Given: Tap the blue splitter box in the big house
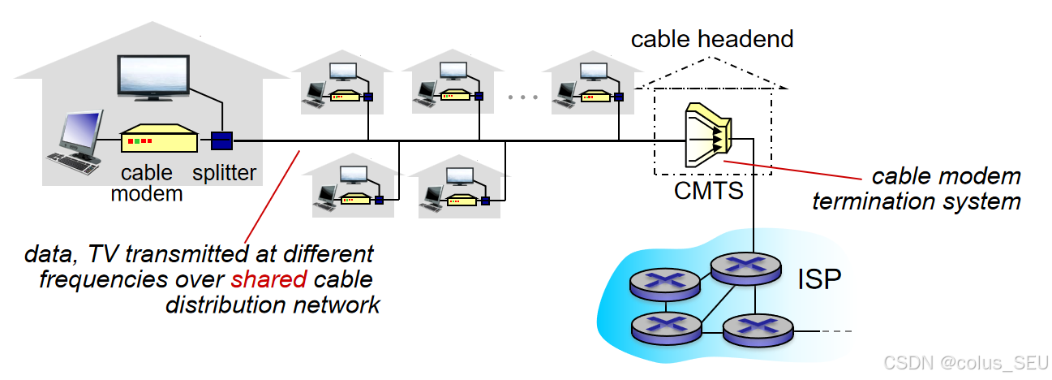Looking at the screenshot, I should tap(221, 140).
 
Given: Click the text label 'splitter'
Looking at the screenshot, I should tap(224, 172).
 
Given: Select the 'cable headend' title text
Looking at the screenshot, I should tap(712, 38).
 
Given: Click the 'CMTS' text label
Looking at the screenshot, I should tap(709, 192).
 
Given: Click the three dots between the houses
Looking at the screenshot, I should tap(522, 97).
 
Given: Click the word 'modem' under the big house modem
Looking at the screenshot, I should tap(147, 193).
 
